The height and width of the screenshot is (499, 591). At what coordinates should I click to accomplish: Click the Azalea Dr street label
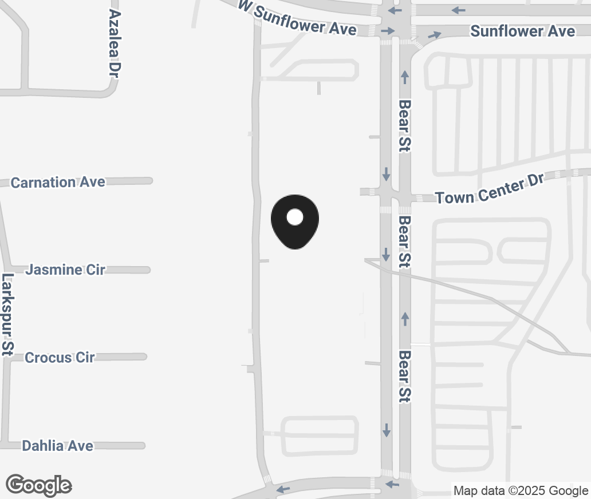tap(116, 43)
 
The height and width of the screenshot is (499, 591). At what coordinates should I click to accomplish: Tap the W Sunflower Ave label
tap(298, 18)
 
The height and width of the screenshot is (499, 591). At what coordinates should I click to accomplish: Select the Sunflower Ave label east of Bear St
tap(522, 31)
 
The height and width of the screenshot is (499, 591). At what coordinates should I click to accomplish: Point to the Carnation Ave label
tap(58, 182)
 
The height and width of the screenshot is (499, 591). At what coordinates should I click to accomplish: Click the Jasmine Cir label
tap(65, 270)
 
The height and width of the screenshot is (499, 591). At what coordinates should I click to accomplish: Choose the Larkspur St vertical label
tap(7, 315)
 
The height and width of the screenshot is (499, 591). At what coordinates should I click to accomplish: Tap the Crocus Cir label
tap(60, 358)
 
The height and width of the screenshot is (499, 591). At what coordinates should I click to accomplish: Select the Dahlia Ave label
tap(57, 445)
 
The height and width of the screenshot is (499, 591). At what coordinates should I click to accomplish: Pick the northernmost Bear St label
tap(405, 126)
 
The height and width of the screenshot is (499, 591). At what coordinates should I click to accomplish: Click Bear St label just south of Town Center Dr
tap(405, 241)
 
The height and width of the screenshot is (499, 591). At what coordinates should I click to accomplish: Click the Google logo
tap(38, 485)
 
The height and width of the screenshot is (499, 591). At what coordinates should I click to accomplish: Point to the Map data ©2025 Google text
tap(521, 490)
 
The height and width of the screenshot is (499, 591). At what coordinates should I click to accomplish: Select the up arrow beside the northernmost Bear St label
tap(405, 76)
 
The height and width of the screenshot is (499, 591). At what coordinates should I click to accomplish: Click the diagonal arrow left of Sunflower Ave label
tap(435, 35)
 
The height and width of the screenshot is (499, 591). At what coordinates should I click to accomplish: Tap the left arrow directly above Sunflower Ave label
tap(458, 10)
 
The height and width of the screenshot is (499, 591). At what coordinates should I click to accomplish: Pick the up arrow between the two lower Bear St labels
tap(405, 318)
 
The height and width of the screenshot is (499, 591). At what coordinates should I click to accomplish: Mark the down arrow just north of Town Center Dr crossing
tap(387, 173)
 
